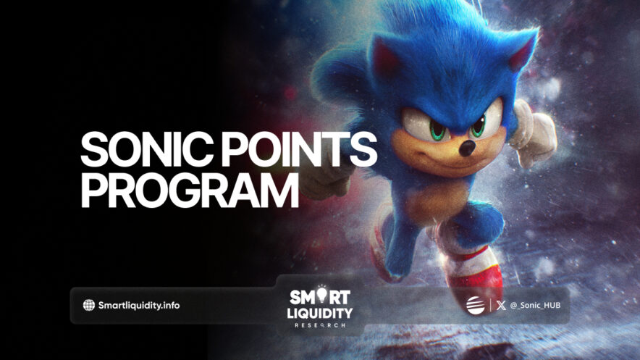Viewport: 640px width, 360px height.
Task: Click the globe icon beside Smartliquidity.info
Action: coord(88,305)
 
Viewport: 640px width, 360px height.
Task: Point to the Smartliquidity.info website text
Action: coord(139,305)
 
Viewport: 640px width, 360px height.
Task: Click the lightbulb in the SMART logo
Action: coord(321,294)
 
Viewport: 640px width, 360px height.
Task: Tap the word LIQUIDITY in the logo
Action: coord(320,313)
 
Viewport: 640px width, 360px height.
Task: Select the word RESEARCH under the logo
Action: coord(320,325)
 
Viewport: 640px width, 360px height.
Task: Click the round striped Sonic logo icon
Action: coord(476,305)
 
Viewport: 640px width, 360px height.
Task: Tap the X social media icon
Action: coord(501,305)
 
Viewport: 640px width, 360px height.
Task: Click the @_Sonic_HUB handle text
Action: coord(535,305)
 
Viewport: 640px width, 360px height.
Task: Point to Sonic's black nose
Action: coord(468,148)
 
